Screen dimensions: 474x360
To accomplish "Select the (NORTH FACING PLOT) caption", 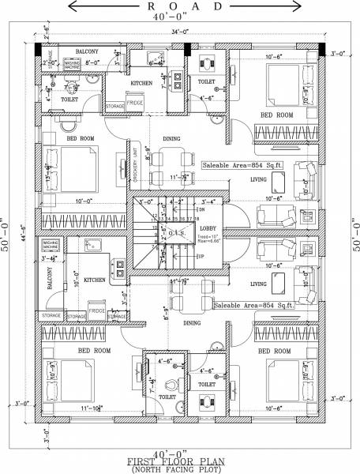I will coord(181,468).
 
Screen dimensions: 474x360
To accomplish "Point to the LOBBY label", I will coord(208,228).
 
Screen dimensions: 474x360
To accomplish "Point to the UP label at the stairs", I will coord(201,257).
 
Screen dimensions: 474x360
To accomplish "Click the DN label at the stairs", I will coord(201,209).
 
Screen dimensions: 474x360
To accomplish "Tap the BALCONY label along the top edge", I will coord(87,50).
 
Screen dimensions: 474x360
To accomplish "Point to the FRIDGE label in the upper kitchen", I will coord(134,103).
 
